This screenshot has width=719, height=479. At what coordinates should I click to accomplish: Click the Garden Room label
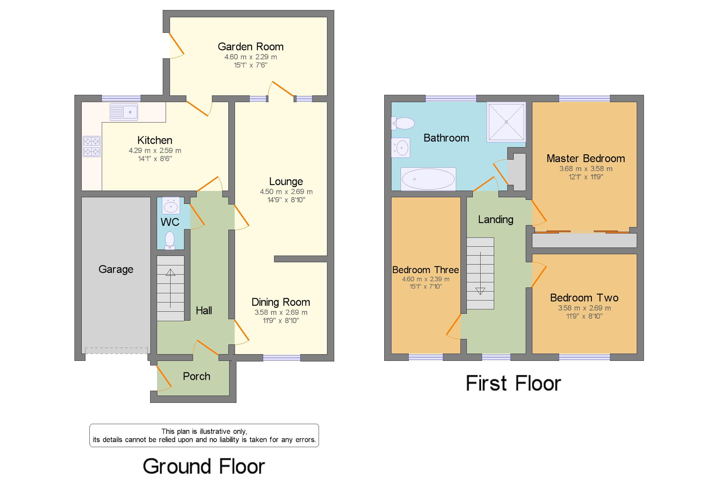(250, 47)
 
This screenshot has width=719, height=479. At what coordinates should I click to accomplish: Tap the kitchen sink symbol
(124, 112)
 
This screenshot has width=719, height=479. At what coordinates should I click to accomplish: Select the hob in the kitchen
(91, 146)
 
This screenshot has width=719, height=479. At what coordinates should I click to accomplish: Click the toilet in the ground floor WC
(170, 240)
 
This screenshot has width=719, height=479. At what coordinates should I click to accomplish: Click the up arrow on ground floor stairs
(170, 272)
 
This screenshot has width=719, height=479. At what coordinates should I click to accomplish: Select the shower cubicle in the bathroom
(506, 122)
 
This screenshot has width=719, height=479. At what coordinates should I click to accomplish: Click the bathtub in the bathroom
(428, 179)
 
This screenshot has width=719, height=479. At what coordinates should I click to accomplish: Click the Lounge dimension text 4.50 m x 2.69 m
(286, 191)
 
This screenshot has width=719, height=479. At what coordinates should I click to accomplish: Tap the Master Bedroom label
(585, 158)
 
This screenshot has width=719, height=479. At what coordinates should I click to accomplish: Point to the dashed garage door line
(116, 350)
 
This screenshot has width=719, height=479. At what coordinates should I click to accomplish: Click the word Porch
(196, 376)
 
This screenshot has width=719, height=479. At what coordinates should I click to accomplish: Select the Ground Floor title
(204, 466)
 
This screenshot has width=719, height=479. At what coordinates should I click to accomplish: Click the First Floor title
(513, 383)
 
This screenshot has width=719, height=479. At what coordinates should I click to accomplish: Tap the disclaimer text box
(204, 435)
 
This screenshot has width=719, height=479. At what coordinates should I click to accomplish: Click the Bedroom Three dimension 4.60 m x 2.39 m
(425, 279)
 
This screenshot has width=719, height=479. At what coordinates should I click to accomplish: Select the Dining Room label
(280, 302)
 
